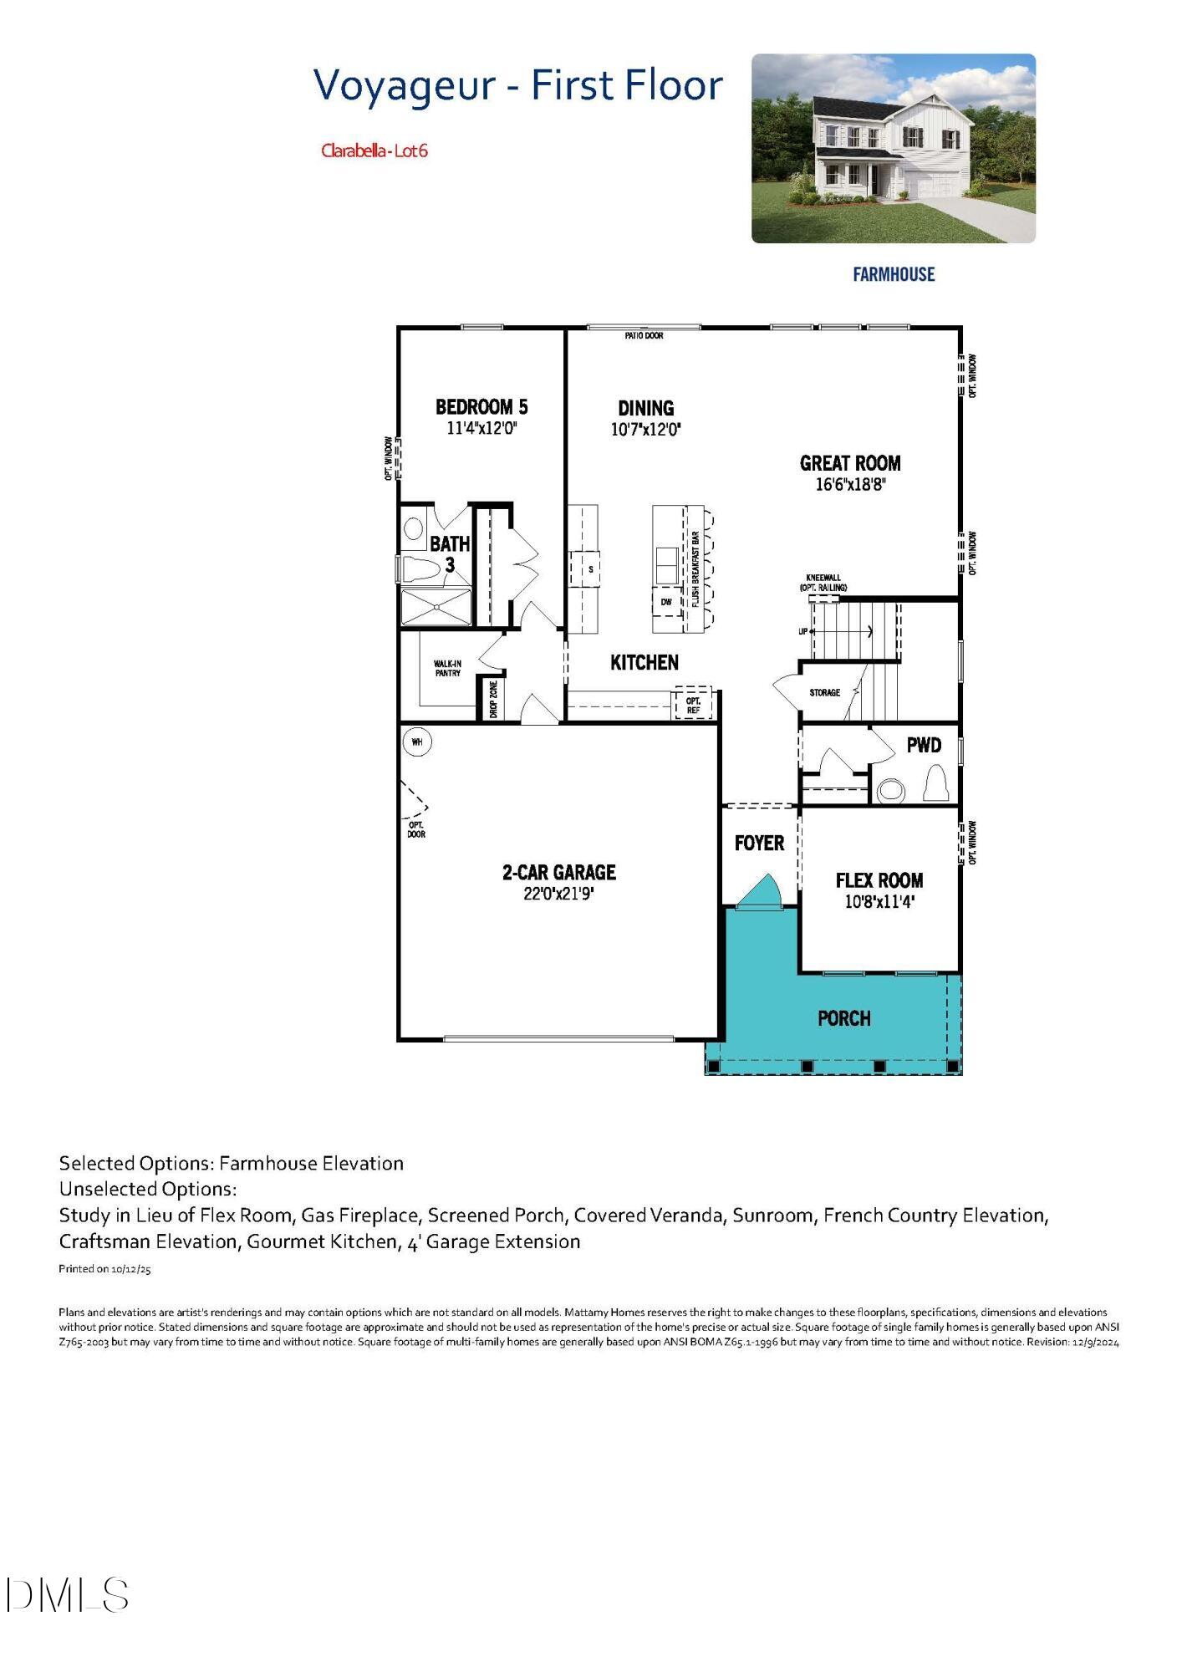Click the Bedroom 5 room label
[x=481, y=407]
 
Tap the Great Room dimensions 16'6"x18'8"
[x=850, y=484]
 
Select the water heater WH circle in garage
[x=416, y=742]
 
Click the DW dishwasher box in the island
[x=666, y=602]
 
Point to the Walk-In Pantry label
[x=447, y=668]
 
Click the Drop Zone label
[x=493, y=700]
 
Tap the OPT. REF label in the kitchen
[x=693, y=706]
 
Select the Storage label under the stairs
[x=824, y=692]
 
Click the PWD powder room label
[x=924, y=745]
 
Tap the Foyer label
[x=759, y=843]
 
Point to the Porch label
[x=843, y=1018]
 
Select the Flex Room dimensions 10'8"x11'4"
[x=879, y=902]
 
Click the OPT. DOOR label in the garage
[x=416, y=829]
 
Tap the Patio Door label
[x=644, y=335]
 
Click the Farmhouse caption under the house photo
[x=893, y=274]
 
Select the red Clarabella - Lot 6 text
[x=374, y=151]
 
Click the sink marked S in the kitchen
[x=590, y=569]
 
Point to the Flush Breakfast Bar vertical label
[x=695, y=568]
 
